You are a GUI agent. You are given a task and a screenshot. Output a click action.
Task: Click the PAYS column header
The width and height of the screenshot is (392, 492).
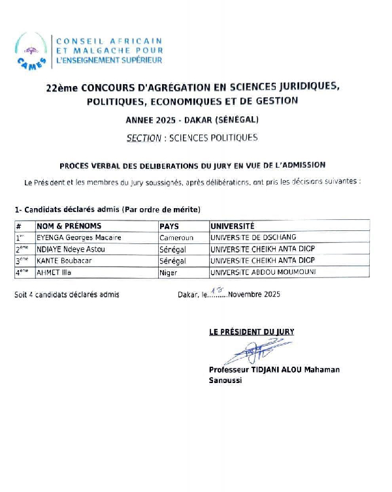169,226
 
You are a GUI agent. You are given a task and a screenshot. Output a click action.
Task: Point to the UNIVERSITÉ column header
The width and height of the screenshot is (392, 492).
233,226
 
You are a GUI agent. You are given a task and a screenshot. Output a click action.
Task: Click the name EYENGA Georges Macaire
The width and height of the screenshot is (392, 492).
79,238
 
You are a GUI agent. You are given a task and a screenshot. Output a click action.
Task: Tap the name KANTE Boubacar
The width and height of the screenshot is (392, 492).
65,260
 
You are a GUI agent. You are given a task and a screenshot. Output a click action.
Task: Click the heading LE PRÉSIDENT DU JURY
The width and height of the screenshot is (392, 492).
252,332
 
